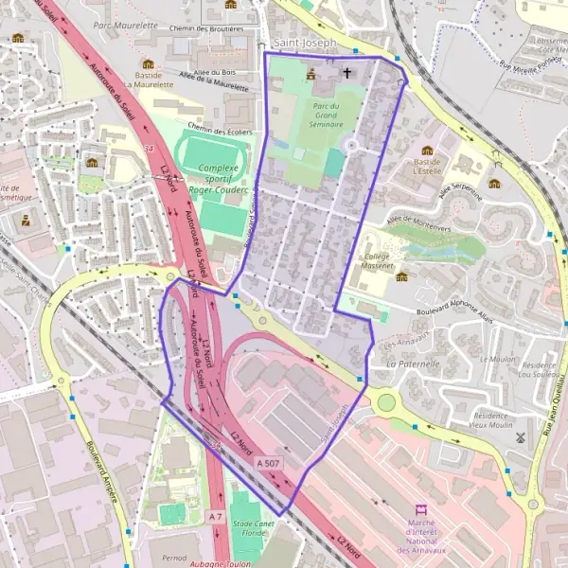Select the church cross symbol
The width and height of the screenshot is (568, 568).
pos(346,73)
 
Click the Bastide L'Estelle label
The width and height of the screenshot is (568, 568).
pos(427,168)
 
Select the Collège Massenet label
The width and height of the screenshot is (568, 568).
pos(379,261)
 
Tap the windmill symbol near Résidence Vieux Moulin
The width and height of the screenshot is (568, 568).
pos(520,437)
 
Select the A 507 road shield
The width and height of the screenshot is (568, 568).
pos(268,462)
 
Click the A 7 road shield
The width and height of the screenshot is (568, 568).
pos(215,517)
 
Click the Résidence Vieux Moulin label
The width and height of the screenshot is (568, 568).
pos(490,421)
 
